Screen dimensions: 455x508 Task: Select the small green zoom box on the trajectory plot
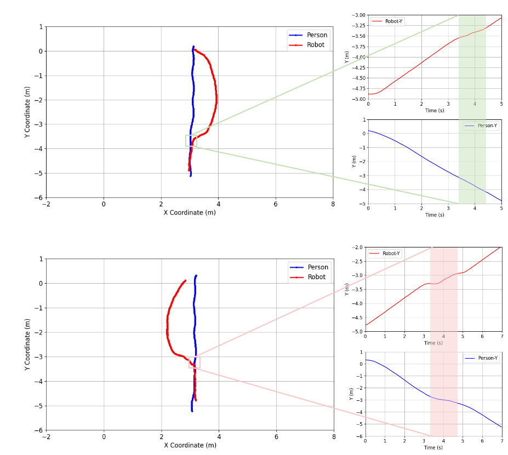click(191, 141)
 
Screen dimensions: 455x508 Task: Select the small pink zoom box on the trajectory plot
click(195, 362)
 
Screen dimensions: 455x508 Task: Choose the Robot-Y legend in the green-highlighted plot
click(389, 21)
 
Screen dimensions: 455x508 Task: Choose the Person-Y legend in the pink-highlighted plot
click(482, 358)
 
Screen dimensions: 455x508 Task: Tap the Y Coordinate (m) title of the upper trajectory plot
click(27, 112)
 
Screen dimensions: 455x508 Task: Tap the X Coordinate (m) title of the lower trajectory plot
click(190, 445)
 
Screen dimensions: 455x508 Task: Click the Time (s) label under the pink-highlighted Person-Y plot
click(433, 447)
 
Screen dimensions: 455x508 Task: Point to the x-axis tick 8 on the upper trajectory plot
click(333, 204)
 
